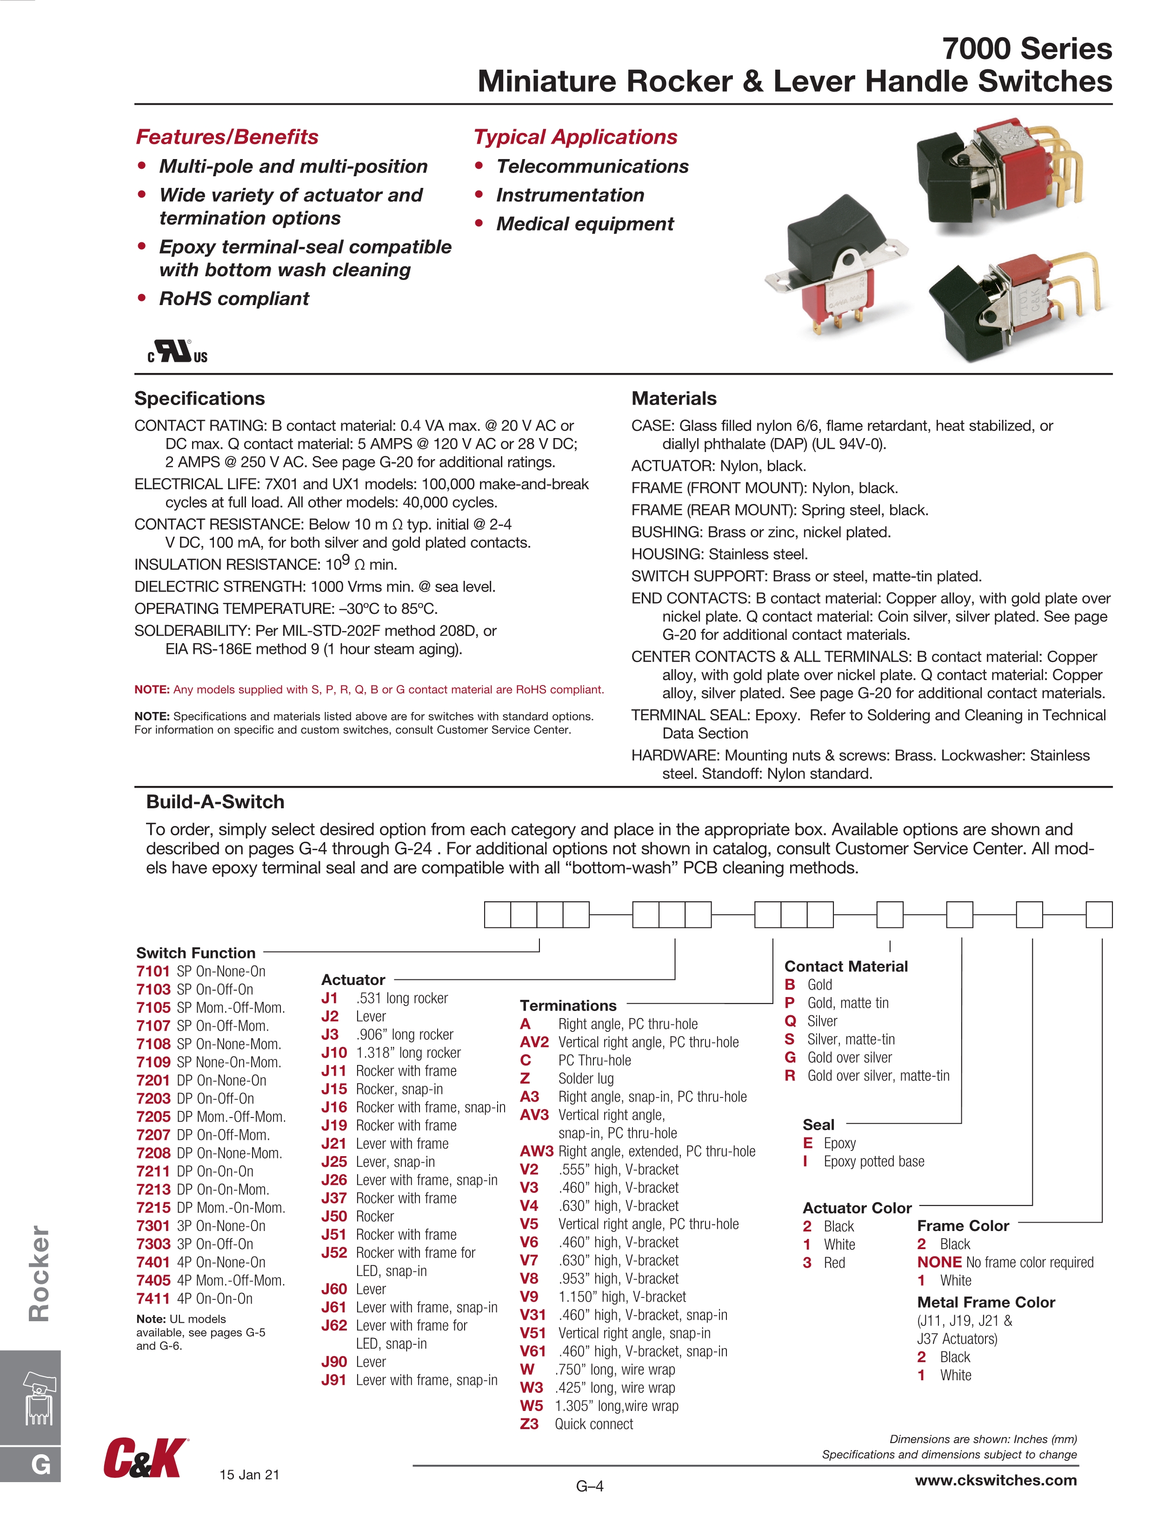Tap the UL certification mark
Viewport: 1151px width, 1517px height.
[x=177, y=352]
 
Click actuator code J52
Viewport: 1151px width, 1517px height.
[x=334, y=1253]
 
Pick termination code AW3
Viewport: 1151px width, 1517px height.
[x=536, y=1151]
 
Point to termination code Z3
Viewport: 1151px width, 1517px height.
[x=529, y=1424]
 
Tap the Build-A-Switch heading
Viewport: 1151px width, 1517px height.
[x=215, y=802]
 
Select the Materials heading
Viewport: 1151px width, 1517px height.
[x=673, y=399]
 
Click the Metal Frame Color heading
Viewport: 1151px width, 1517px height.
[x=986, y=1302]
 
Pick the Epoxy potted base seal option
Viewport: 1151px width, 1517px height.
[x=873, y=1162]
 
